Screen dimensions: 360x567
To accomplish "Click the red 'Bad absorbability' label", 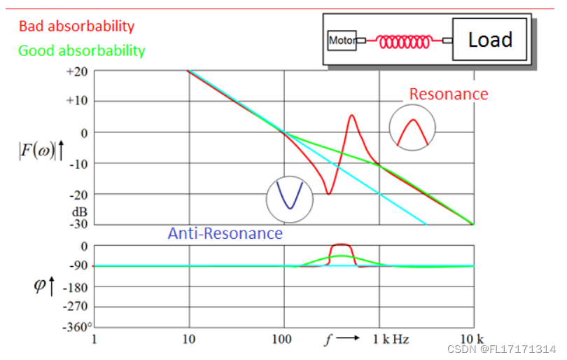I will pos(76,27).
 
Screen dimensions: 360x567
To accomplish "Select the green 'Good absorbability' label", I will pos(82,50).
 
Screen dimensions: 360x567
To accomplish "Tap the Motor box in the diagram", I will pos(342,41).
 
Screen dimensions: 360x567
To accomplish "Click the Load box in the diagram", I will pos(490,40).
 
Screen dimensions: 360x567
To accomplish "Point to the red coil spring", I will pos(405,41).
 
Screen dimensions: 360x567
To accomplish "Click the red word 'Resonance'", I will pos(449,94).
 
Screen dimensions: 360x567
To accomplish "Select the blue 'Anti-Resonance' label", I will pos(225,233).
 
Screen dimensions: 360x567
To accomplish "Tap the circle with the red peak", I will pos(412,129).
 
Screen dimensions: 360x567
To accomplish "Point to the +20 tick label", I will pos(77,72).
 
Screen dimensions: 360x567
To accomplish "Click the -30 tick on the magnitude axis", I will pos(76,225).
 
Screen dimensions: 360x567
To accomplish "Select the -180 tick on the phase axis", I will pos(74,286).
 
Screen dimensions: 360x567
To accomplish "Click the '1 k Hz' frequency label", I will pos(390,340).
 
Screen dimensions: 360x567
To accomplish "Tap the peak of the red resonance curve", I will pos(351,116).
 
